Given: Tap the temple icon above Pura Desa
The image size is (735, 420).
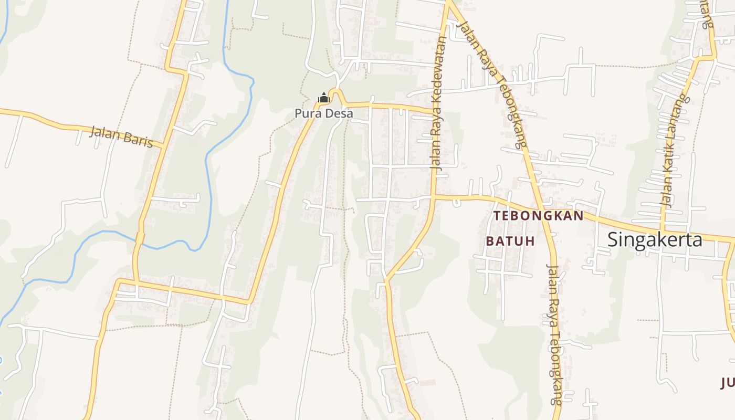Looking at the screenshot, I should click(324, 98).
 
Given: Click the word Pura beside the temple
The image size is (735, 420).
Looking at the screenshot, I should click(307, 113).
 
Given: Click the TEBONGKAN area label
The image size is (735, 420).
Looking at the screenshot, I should click(538, 216).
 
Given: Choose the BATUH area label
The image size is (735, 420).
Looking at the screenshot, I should click(510, 241).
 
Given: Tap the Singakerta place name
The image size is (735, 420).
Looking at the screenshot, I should click(655, 239).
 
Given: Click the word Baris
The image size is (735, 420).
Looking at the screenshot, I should click(139, 140).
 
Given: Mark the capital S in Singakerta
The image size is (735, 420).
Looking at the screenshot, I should click(613, 239).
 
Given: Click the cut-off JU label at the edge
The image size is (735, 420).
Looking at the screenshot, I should click(728, 383).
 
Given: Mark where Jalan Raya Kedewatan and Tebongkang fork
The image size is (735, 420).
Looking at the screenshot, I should click(448, 4).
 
